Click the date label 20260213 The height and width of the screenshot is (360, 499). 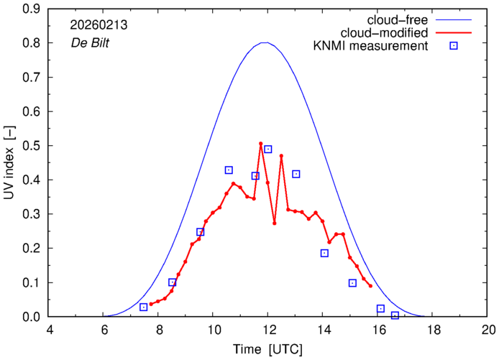coord(99,25)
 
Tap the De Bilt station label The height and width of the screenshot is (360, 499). coord(90,43)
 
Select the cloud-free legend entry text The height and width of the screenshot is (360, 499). coord(398,20)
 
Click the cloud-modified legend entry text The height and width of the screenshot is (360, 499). coord(384,33)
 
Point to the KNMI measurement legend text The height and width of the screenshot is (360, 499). coord(371,46)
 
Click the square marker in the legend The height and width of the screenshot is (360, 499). coord(454,46)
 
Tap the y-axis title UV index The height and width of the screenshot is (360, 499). coord(9,163)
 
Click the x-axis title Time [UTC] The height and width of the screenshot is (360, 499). coord(267,349)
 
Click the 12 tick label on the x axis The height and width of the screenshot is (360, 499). coord(267,330)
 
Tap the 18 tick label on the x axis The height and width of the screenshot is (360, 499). coord(432,330)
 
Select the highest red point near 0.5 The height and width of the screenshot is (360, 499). coord(260,144)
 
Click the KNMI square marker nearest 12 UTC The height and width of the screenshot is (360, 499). coord(268,149)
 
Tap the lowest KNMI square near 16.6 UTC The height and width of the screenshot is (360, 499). coord(395,315)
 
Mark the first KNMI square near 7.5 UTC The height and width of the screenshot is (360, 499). coord(144,308)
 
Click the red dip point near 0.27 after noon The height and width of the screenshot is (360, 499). coord(275,223)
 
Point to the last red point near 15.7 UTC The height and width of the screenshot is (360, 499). coord(370,286)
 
